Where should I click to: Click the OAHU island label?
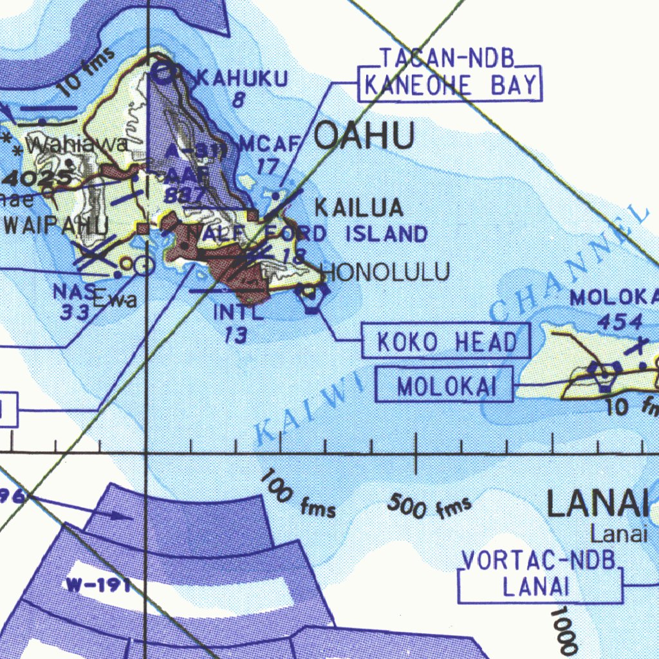[364, 137]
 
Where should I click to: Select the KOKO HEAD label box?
[447, 342]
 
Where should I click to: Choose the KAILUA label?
[358, 208]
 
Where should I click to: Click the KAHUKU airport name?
[241, 79]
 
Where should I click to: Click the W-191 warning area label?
[98, 585]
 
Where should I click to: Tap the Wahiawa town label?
[77, 145]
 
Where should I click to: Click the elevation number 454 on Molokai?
[619, 321]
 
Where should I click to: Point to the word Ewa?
[115, 299]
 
